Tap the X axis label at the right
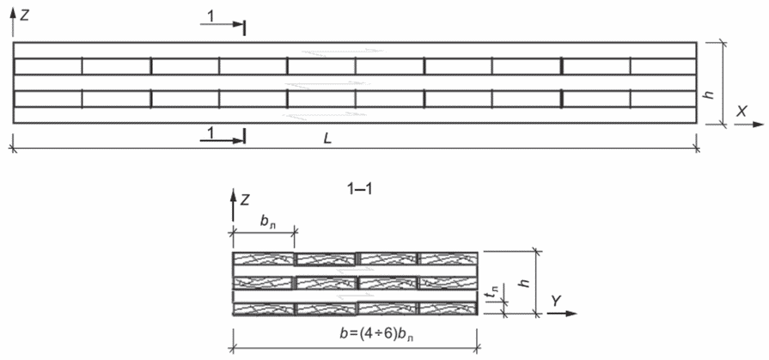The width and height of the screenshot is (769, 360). pos(742,112)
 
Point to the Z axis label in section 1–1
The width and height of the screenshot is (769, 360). pos(245,199)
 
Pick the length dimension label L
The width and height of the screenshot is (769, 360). pos(327,138)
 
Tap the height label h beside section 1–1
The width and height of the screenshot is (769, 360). pos(525,283)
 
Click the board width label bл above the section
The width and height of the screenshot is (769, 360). pos(268,221)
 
